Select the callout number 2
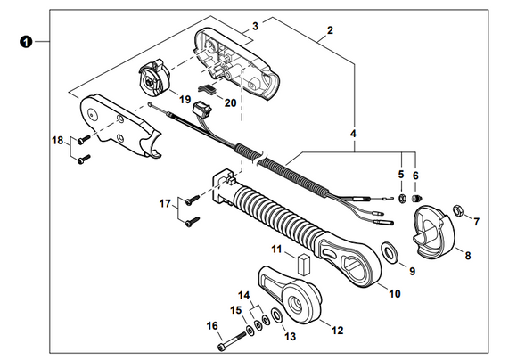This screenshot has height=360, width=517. tap(330, 30)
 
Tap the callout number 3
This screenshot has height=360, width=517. tap(255, 26)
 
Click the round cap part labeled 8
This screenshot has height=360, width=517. tap(435, 230)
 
